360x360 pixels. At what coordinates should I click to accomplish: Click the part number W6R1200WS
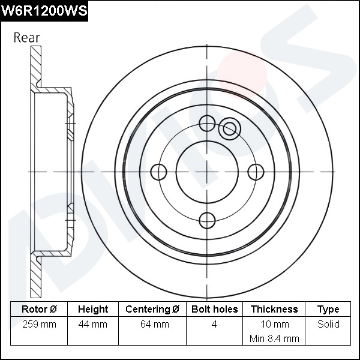(44, 11)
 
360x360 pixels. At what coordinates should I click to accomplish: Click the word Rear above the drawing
(26, 38)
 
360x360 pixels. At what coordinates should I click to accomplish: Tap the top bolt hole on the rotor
(207, 123)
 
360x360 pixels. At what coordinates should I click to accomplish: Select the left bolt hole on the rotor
(158, 172)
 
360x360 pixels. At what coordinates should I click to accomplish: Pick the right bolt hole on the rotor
(256, 172)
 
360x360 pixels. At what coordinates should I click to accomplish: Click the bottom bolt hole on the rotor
(207, 221)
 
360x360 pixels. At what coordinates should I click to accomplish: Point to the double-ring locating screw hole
(229, 128)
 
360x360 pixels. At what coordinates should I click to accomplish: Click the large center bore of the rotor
(207, 172)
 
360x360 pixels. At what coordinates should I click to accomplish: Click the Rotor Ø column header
(39, 309)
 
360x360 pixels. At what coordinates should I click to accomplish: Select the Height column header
(93, 309)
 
